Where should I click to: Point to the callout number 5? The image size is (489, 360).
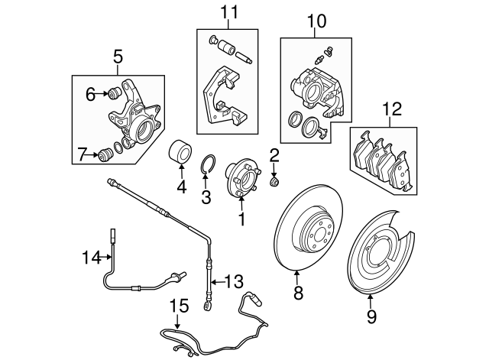(x=117, y=55)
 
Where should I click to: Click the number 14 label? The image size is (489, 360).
(x=91, y=258)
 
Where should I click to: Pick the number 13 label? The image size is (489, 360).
(x=233, y=281)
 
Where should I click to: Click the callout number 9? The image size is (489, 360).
(x=371, y=313)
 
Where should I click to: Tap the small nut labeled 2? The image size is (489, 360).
(x=275, y=182)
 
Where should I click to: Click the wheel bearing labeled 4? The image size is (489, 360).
(x=180, y=151)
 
